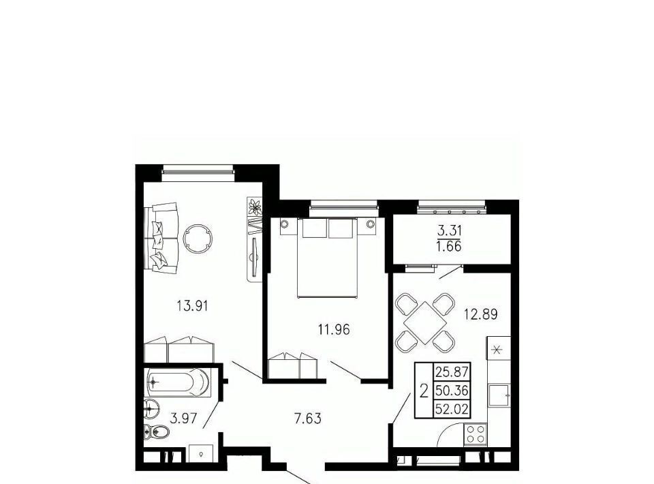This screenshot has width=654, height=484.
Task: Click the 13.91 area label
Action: click(x=192, y=306)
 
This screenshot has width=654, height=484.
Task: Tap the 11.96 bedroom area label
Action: click(x=334, y=330)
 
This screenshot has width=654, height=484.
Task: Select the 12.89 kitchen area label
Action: click(x=481, y=314)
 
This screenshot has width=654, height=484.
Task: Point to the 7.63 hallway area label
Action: click(x=308, y=418)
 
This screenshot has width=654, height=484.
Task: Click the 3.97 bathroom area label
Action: click(x=183, y=418)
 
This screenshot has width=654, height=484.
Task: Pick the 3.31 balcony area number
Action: click(x=449, y=230)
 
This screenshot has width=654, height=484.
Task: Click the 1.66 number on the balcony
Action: click(x=449, y=246)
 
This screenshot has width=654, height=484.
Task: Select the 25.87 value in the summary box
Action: click(x=452, y=371)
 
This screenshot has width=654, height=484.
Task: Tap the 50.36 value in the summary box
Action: click(x=452, y=391)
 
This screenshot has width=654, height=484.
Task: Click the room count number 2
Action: click(x=424, y=391)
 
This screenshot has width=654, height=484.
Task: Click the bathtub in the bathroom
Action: click(x=178, y=382)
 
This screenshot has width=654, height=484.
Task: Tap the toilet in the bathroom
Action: click(x=156, y=431)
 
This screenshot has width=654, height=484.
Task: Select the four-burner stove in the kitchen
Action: click(x=476, y=434)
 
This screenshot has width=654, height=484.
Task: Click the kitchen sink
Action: click(x=499, y=395)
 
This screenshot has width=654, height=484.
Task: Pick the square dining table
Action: click(x=424, y=322)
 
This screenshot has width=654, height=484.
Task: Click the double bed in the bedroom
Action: click(x=328, y=258)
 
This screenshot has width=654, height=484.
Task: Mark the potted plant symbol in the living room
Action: click(x=254, y=207)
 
